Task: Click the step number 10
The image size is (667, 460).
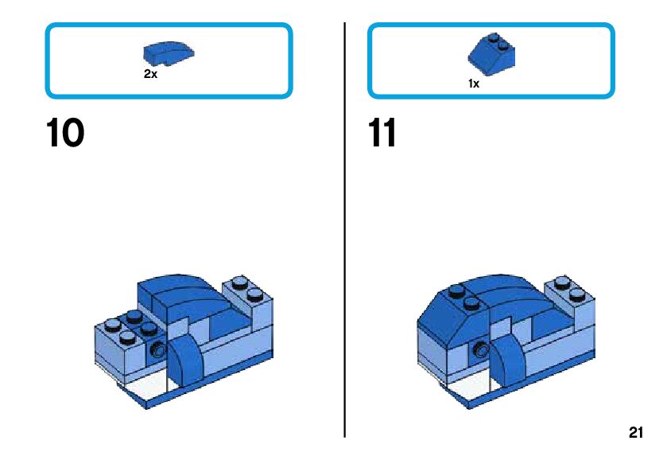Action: click(x=65, y=133)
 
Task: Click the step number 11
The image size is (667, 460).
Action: click(x=382, y=133)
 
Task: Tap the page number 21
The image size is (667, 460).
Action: click(x=635, y=433)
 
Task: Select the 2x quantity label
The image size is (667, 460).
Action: click(x=150, y=74)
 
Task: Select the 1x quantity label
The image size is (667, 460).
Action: click(x=474, y=83)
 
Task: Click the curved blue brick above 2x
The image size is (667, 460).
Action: click(x=169, y=53)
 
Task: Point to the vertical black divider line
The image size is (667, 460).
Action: click(x=345, y=231)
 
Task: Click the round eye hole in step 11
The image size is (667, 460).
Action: click(x=480, y=347)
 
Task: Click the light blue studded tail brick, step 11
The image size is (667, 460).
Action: click(x=570, y=298)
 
